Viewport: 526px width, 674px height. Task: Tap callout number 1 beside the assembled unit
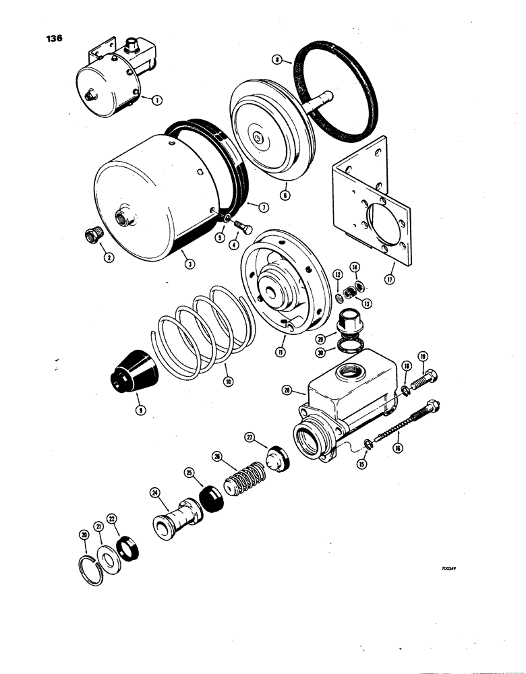tap(156, 100)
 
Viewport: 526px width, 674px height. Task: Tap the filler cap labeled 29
tap(351, 321)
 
